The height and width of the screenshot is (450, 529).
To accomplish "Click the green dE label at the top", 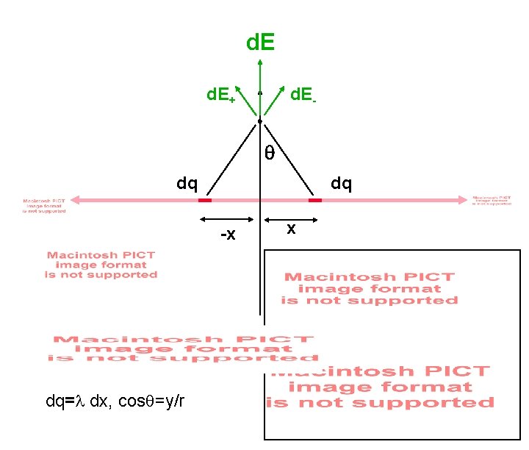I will [x=260, y=42].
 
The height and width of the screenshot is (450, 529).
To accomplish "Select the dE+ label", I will [x=220, y=95].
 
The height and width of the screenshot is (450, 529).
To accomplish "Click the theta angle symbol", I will [x=270, y=153].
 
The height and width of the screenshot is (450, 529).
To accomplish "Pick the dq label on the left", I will [x=187, y=182].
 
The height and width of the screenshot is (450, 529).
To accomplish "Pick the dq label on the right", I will [x=341, y=182].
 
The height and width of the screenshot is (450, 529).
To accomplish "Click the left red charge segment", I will [x=205, y=200].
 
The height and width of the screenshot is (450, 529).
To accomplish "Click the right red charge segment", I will [x=315, y=200].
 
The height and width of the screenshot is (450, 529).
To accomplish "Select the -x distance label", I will [x=228, y=235].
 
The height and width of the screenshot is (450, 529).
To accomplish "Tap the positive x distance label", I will [x=291, y=229].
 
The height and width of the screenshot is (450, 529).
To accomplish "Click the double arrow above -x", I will [x=227, y=219].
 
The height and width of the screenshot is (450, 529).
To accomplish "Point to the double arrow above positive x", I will [x=292, y=219].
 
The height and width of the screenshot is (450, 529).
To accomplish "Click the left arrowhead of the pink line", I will [x=76, y=200].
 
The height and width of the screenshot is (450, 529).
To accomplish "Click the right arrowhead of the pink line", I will [x=462, y=199].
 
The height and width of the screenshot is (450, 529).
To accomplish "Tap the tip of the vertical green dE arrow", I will [x=260, y=60].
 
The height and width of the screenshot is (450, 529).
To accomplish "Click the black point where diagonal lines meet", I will [x=260, y=121].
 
